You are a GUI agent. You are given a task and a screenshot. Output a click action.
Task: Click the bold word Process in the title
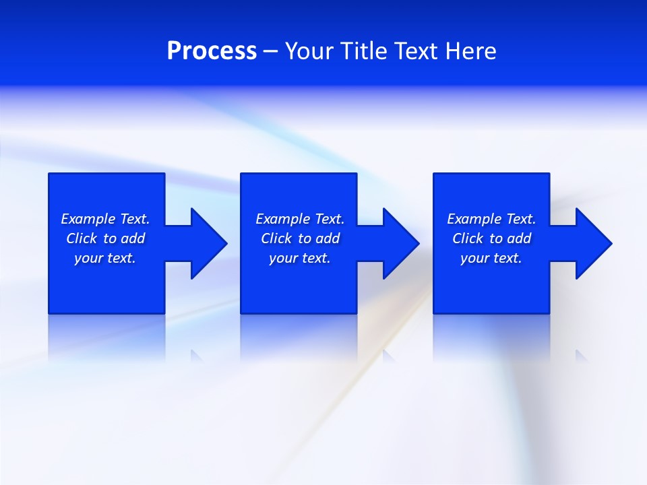pyautogui.click(x=212, y=51)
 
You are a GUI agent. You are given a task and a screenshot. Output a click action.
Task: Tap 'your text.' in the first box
pyautogui.click(x=105, y=258)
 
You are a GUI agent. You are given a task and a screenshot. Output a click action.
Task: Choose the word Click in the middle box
pyautogui.click(x=276, y=238)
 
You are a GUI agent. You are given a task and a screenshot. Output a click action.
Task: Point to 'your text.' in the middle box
pyautogui.click(x=300, y=258)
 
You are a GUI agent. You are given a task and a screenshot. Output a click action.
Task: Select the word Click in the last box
pyautogui.click(x=468, y=238)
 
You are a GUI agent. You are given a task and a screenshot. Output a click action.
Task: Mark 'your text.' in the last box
pyautogui.click(x=491, y=258)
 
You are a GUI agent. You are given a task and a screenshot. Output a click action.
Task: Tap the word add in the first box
pyautogui.click(x=133, y=238)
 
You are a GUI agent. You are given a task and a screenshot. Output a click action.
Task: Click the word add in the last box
pyautogui.click(x=519, y=238)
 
